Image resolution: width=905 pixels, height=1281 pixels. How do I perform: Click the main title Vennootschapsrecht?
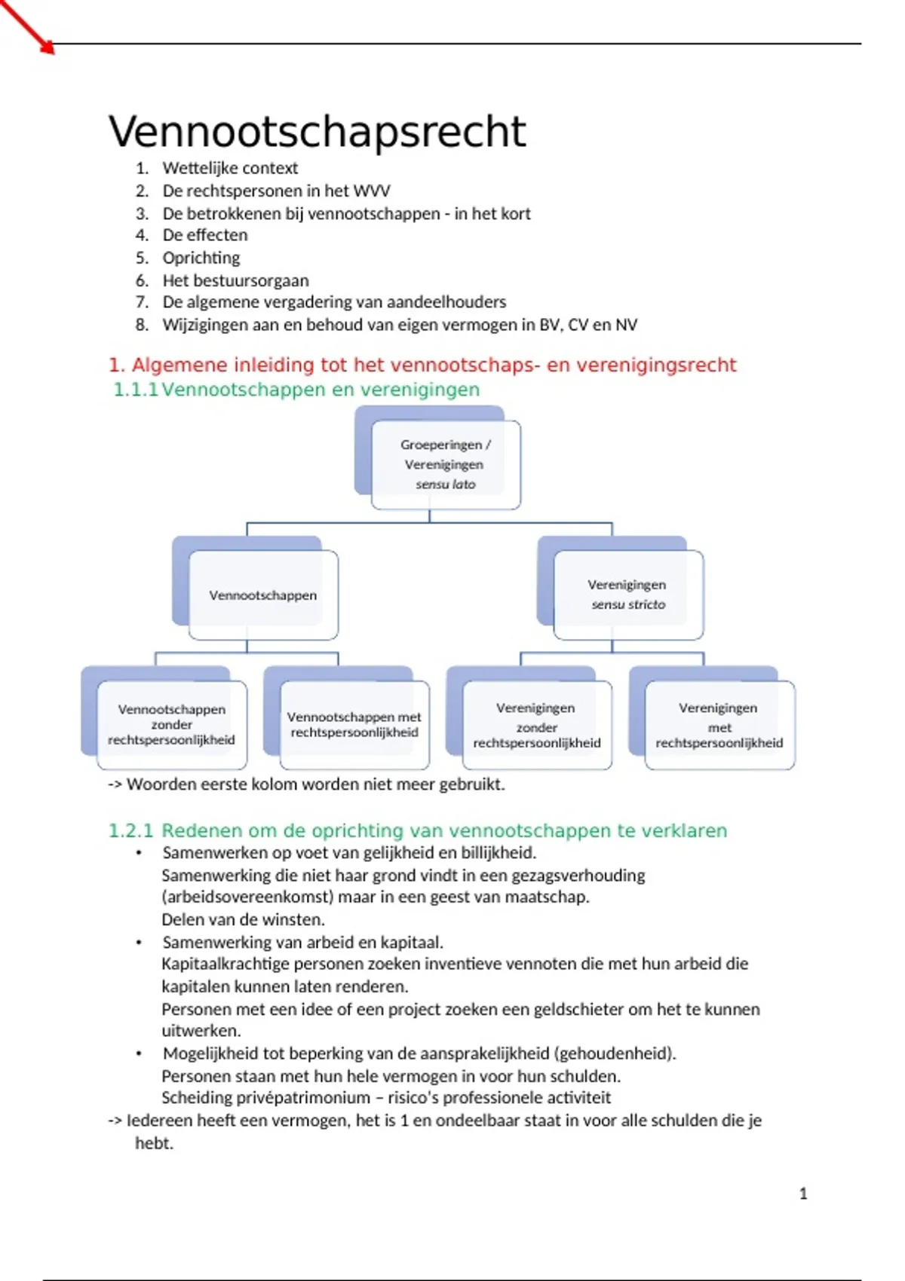[317, 132]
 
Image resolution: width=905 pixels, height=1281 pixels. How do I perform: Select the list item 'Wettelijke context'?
[230, 168]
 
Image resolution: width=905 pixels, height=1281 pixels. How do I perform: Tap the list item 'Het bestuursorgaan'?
[235, 280]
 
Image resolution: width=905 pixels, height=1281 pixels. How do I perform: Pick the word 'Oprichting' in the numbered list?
[201, 258]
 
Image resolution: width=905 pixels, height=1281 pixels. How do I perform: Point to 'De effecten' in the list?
[205, 235]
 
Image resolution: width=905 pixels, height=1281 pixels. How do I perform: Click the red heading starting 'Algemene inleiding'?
[422, 365]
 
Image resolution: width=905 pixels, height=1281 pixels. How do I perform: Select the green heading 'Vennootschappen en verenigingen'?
[321, 390]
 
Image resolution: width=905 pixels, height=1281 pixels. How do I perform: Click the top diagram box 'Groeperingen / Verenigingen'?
[445, 464]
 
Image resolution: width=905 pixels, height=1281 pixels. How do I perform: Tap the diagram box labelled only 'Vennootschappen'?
[262, 595]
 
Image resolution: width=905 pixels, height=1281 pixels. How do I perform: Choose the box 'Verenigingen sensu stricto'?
[627, 595]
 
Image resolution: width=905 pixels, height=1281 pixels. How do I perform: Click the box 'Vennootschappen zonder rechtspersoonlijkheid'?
[171, 724]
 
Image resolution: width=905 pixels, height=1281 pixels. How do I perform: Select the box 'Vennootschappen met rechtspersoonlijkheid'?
[354, 724]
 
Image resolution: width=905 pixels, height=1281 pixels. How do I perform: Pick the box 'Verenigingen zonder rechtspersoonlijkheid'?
[536, 725]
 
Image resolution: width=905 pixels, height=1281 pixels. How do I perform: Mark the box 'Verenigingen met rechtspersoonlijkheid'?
[719, 725]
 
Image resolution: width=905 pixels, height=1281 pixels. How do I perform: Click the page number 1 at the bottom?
[803, 1194]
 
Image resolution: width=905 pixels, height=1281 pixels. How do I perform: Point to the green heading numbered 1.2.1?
[418, 830]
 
